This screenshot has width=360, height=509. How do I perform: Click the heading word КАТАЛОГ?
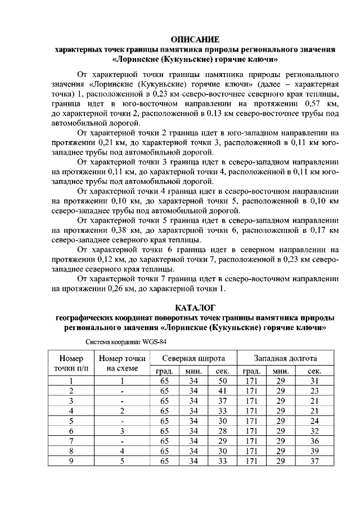pos(195,308)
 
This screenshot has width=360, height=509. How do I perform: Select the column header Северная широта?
pos(193,358)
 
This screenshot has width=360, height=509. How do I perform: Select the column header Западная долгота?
pos(285,358)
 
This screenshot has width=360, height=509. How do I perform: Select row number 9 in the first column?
pos(71,461)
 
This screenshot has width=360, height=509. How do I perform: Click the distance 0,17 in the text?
pos(313,230)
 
